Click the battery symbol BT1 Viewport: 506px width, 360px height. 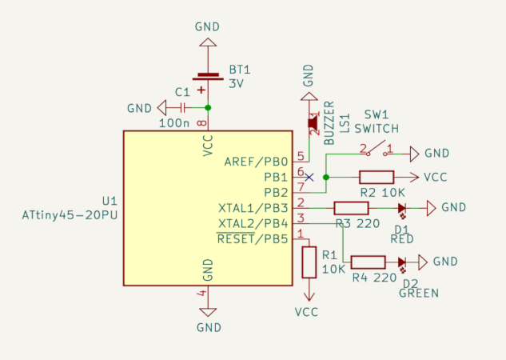pyautogui.click(x=208, y=82)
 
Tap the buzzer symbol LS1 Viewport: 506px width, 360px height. pyautogui.click(x=313, y=122)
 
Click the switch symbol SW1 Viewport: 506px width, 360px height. pyautogui.click(x=376, y=150)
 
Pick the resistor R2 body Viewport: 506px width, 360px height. pyautogui.click(x=376, y=177)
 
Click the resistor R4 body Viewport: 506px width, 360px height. pyautogui.click(x=368, y=262)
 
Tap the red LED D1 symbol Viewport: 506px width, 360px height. pyautogui.click(x=402, y=208)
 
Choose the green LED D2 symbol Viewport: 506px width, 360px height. pyautogui.click(x=402, y=262)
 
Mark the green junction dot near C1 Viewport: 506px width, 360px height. pyautogui.click(x=208, y=107)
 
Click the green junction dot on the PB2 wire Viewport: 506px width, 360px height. pyautogui.click(x=325, y=177)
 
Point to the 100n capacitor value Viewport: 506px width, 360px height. pyautogui.click(x=174, y=123)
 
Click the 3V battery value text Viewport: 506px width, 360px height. pyautogui.click(x=237, y=83)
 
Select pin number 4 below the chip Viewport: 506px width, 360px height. pyautogui.click(x=203, y=294)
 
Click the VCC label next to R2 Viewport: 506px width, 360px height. pyautogui.click(x=436, y=177)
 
